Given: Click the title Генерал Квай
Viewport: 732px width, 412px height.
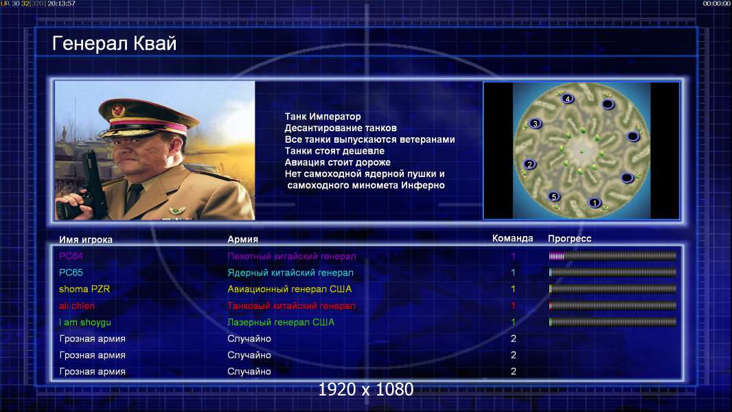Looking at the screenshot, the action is tap(115, 43).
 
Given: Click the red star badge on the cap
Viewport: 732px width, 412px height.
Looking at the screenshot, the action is tap(118, 111).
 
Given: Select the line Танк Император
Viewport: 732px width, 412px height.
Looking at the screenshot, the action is tap(323, 117).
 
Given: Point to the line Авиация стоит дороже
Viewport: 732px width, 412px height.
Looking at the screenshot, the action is tap(338, 162).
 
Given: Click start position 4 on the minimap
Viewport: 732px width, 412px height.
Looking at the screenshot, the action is tap(567, 98).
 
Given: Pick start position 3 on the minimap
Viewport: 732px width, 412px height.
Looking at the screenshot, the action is tap(535, 124).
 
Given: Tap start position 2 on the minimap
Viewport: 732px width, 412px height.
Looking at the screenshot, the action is tap(529, 164).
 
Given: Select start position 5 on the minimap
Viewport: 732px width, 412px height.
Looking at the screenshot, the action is tap(553, 196).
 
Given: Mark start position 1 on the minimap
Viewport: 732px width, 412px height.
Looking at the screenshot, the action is tap(594, 203).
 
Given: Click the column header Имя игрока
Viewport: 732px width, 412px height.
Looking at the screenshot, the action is tap(85, 240).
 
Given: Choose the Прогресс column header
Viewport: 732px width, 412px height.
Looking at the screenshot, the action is tap(569, 238).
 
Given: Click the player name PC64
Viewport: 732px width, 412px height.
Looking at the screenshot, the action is tap(71, 255).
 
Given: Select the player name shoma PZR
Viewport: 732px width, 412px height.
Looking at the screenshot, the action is tap(84, 289).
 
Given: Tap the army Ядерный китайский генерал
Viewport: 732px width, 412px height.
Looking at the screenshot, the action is tap(290, 273).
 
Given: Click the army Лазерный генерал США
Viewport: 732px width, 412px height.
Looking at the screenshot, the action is tap(281, 322).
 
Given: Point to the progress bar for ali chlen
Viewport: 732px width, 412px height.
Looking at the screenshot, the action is tap(613, 306).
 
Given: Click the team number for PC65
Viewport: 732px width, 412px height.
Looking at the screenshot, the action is tap(513, 273).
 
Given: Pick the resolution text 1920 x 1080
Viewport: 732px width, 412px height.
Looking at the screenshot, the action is tap(366, 389).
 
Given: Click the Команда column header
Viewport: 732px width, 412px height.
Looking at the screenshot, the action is tap(512, 238).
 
